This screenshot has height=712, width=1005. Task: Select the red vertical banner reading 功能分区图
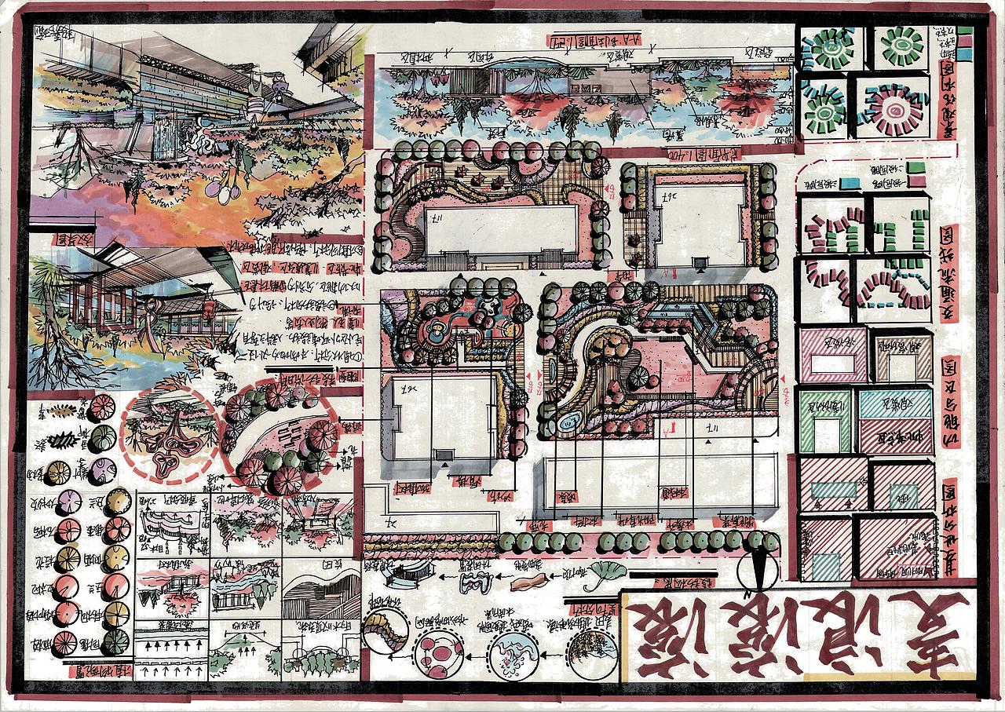(x=950, y=400)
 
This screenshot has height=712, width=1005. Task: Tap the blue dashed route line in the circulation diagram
(x=892, y=302)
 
